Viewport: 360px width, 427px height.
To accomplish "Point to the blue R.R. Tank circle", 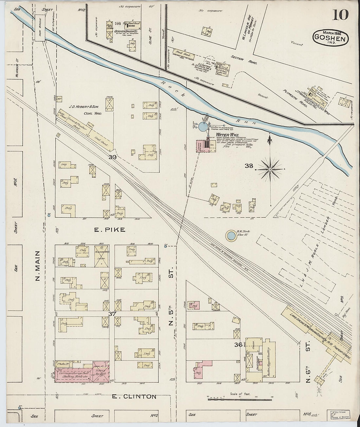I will pos(231,235).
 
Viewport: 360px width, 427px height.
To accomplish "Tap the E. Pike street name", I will pos(110,230).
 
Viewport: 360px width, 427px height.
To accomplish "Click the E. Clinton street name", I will pos(134,397).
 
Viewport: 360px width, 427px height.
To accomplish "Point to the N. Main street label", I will pos(37,266).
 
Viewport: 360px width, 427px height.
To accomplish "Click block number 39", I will pos(113,157).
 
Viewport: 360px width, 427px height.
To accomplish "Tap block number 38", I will pos(249,166).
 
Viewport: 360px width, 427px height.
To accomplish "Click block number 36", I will pos(238,345).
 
